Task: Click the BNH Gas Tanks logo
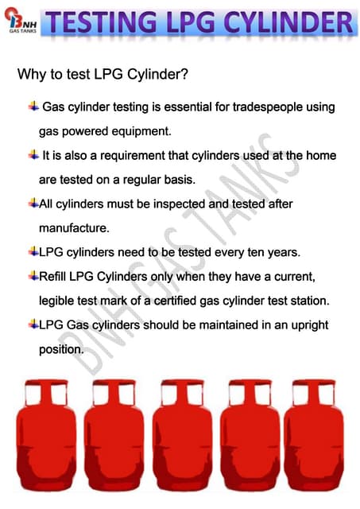coord(21,21)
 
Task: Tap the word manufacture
coord(74,228)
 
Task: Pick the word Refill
coord(52,276)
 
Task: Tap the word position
coord(61,350)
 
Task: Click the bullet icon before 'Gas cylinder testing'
coord(33,106)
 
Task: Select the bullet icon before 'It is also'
coord(33,154)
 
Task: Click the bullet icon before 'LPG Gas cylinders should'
coord(33,324)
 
